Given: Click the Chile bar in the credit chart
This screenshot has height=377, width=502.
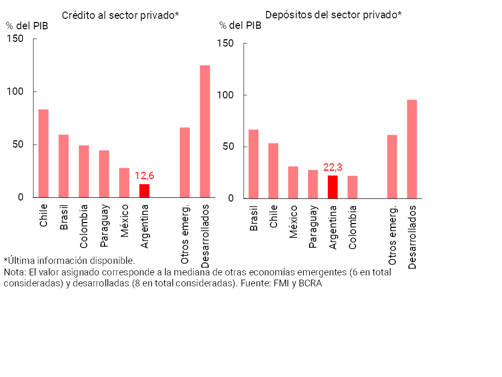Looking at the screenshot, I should coord(43,153).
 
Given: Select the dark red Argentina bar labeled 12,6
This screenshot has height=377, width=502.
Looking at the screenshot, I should coord(144,191).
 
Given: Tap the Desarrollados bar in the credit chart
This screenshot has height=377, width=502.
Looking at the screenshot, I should coord(205,131).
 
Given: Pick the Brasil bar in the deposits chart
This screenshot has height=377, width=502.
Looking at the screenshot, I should coord(254,164).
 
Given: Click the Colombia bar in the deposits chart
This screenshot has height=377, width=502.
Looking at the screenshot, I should coord(353,187).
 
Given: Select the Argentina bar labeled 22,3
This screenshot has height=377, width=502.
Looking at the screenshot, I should coord(333,187).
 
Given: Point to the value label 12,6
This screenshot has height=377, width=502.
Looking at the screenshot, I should coord(144,176).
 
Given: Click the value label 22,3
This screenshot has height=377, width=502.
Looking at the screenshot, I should coord(333,167).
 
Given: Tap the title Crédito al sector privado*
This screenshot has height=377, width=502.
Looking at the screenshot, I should coord(120,15).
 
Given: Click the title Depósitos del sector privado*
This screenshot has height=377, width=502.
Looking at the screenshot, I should coord(333,15).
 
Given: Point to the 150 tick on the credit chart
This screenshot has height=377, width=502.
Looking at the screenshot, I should coord(15,39).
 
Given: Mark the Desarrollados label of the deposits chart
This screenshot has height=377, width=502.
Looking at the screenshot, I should coord(413,237).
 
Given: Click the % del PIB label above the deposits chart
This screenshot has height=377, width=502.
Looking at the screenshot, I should coord(240,25).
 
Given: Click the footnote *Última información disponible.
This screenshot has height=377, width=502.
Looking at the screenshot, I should coord(70,260).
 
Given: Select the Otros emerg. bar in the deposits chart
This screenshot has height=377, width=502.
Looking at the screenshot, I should coord(392,167).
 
